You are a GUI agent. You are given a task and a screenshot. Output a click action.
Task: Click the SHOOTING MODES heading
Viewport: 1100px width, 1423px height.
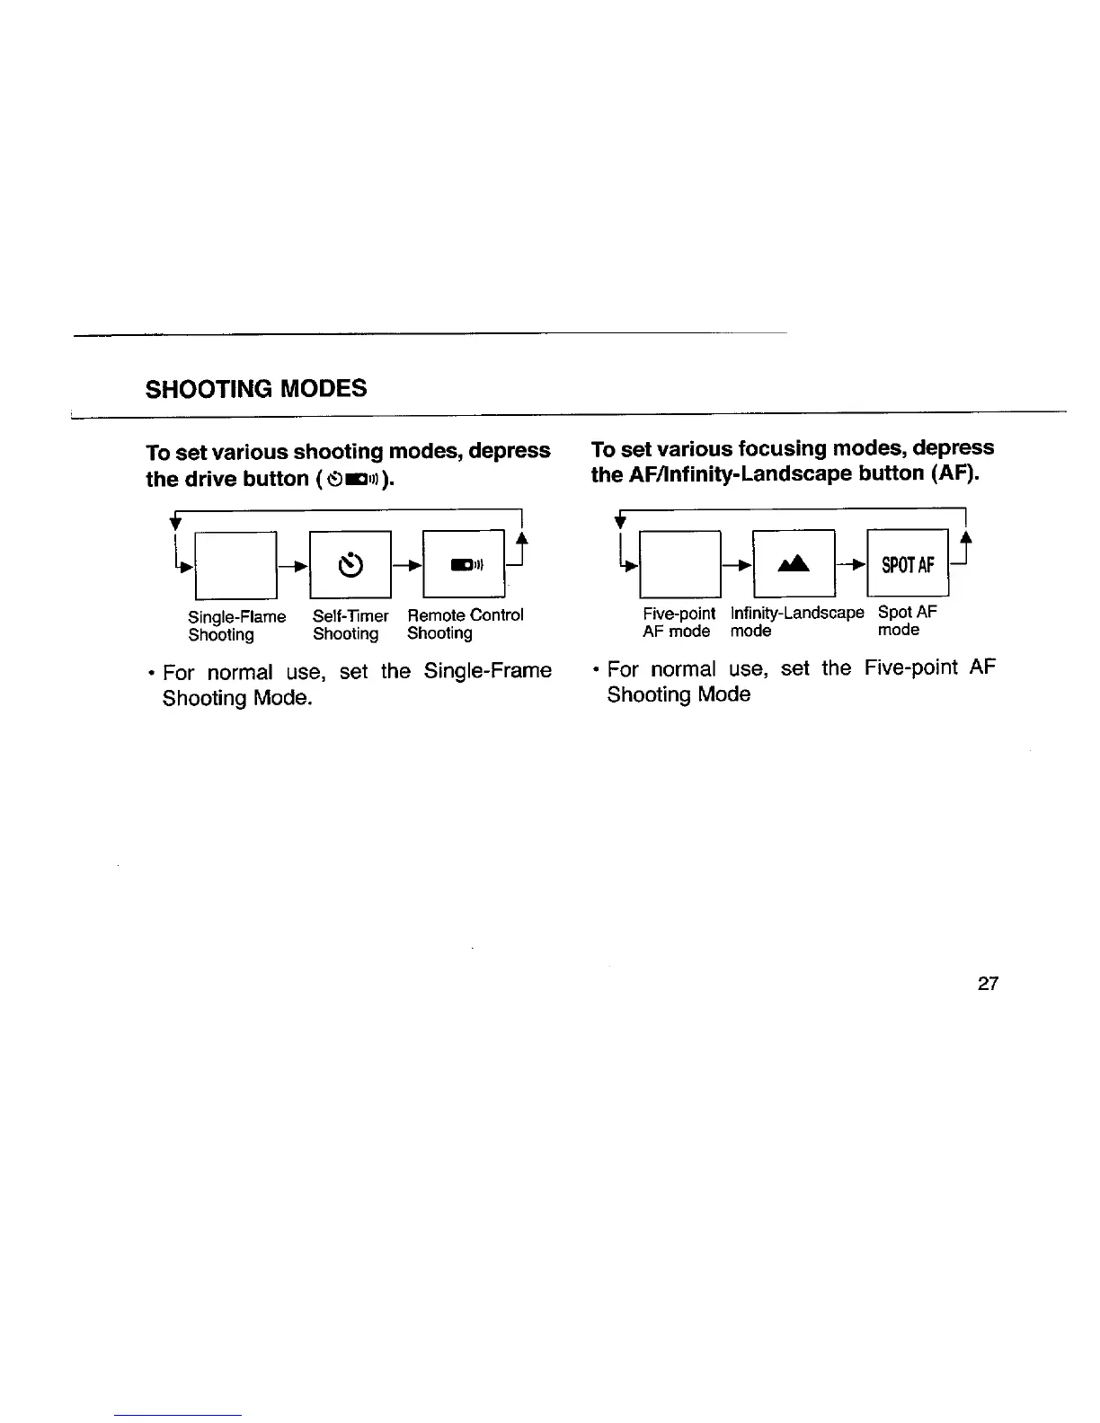[x=256, y=388]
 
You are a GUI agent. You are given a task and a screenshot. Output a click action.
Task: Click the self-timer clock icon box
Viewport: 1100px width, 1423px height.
[x=350, y=565]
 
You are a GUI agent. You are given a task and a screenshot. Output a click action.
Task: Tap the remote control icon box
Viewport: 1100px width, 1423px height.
[x=464, y=565]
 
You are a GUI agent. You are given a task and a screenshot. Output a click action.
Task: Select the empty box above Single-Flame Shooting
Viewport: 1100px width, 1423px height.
[x=236, y=565]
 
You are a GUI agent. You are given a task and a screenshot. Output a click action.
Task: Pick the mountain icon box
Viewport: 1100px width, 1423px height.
[x=794, y=564]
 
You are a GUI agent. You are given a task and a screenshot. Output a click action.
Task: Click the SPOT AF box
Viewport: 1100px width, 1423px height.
[x=908, y=564]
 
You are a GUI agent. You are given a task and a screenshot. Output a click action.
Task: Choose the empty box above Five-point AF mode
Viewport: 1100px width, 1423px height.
[x=680, y=564]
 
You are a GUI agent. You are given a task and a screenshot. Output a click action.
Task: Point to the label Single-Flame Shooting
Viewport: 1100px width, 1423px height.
[x=236, y=625]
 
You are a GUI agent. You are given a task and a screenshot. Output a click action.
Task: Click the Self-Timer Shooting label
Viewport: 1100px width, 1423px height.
[x=350, y=624]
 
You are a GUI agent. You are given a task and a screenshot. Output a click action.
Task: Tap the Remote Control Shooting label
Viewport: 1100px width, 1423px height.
[x=465, y=623]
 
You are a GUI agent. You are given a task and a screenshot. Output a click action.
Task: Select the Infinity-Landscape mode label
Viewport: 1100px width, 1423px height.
[x=796, y=622]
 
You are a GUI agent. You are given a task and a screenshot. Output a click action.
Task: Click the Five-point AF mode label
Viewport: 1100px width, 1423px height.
[x=679, y=622]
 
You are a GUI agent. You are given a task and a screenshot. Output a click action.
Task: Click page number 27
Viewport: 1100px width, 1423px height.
[x=988, y=984]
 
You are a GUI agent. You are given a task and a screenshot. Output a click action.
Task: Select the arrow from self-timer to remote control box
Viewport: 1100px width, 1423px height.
[x=406, y=566]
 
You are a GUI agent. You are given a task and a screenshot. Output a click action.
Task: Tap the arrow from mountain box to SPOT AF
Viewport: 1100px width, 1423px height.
[x=851, y=565]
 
